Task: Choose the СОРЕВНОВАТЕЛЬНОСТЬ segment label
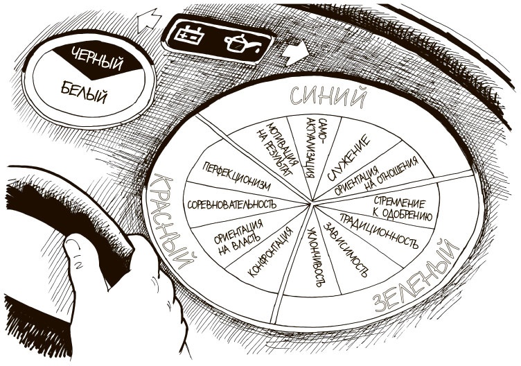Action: click(x=232, y=204)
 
